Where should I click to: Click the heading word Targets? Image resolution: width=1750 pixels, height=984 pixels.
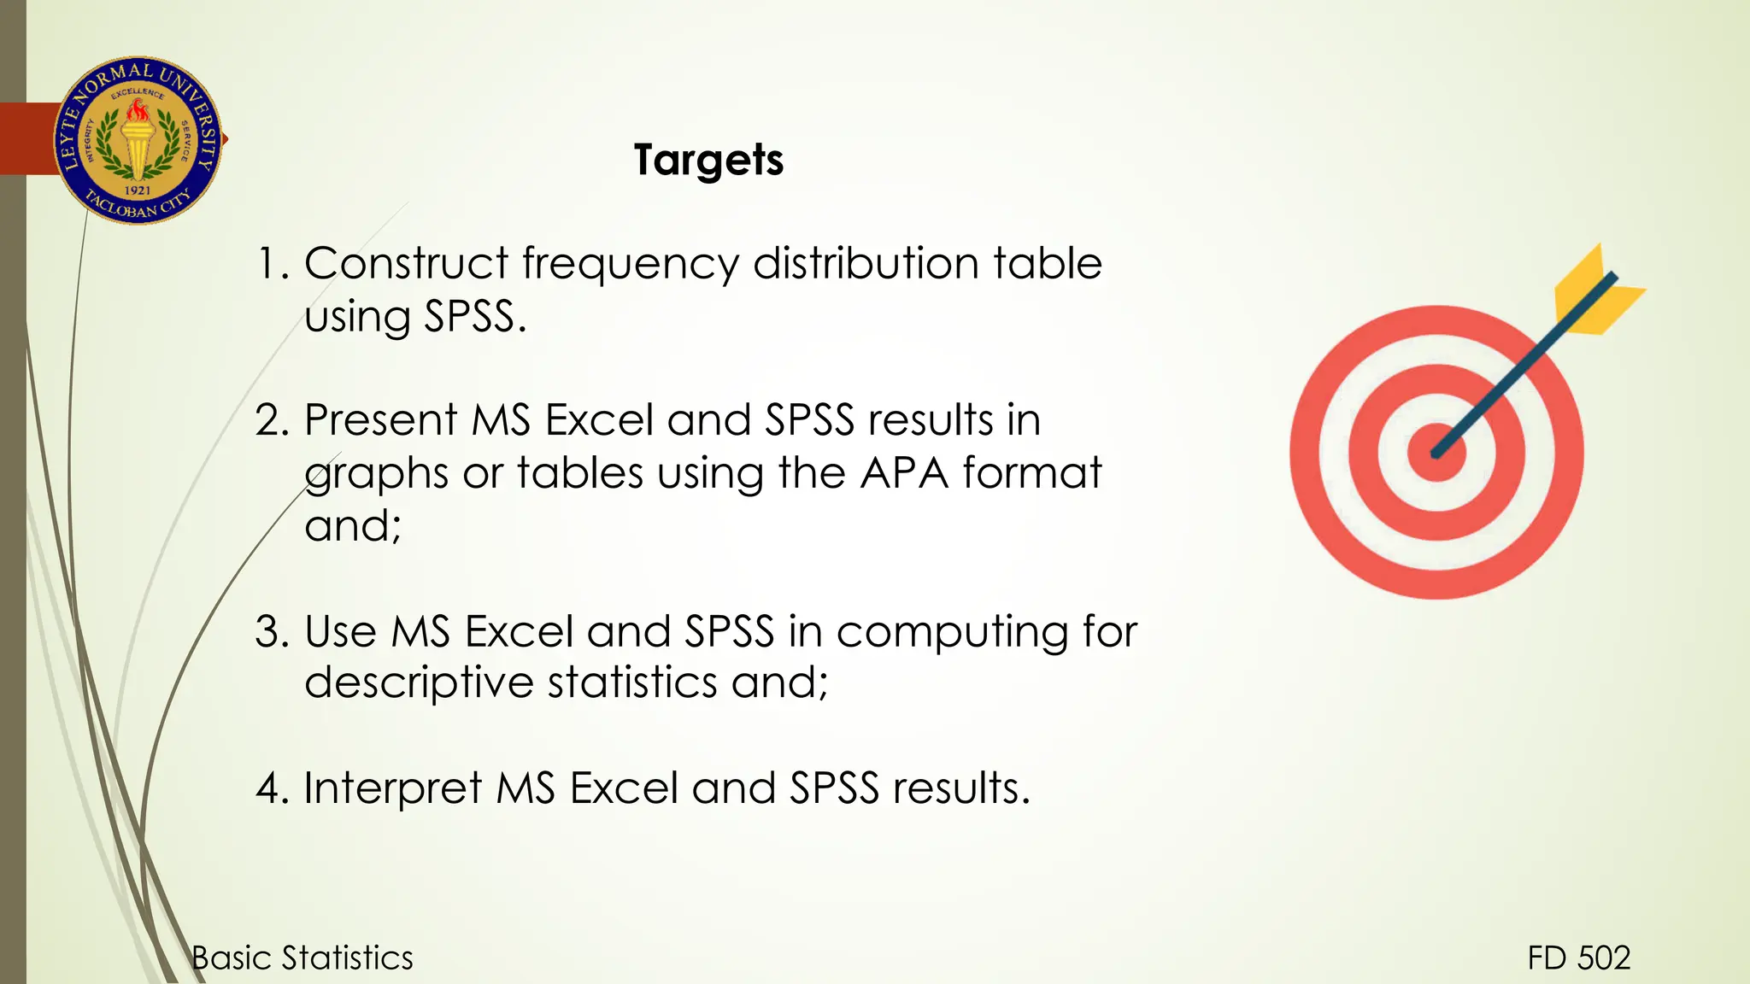tap(708, 161)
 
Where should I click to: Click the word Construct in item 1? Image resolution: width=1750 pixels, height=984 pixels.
tap(406, 263)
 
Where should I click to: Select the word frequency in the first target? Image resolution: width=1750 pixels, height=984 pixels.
tap(631, 265)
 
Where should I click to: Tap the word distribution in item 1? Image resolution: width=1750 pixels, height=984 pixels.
tap(865, 263)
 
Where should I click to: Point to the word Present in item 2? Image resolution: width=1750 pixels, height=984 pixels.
tap(381, 420)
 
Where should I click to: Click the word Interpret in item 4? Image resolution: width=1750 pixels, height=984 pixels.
tap(393, 788)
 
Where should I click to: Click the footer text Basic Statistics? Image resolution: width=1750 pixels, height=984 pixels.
tap(302, 958)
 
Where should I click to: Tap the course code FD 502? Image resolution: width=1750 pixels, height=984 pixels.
tap(1579, 958)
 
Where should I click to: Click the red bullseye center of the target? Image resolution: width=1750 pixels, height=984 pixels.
tap(1436, 453)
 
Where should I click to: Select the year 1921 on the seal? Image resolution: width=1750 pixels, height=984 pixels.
tap(138, 190)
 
